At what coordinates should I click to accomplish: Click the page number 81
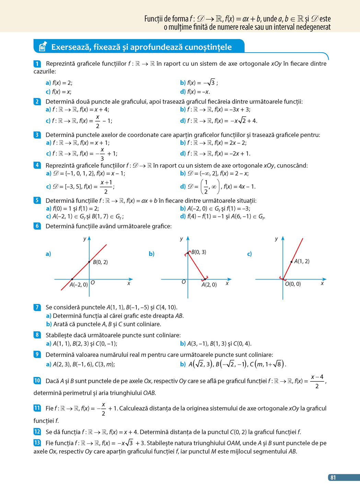[x=333, y=478]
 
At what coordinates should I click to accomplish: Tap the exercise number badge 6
[x=37, y=226]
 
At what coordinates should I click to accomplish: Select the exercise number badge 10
[x=37, y=381]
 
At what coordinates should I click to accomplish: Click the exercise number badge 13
[x=37, y=443]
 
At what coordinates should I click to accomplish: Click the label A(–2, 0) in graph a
[x=79, y=285]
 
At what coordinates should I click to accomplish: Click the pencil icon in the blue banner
[x=43, y=47]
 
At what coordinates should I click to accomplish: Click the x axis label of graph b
[x=227, y=284]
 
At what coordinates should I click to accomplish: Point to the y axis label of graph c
[x=276, y=239]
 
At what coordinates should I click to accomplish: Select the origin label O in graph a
[x=93, y=283]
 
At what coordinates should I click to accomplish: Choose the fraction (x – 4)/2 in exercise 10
[x=317, y=381]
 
